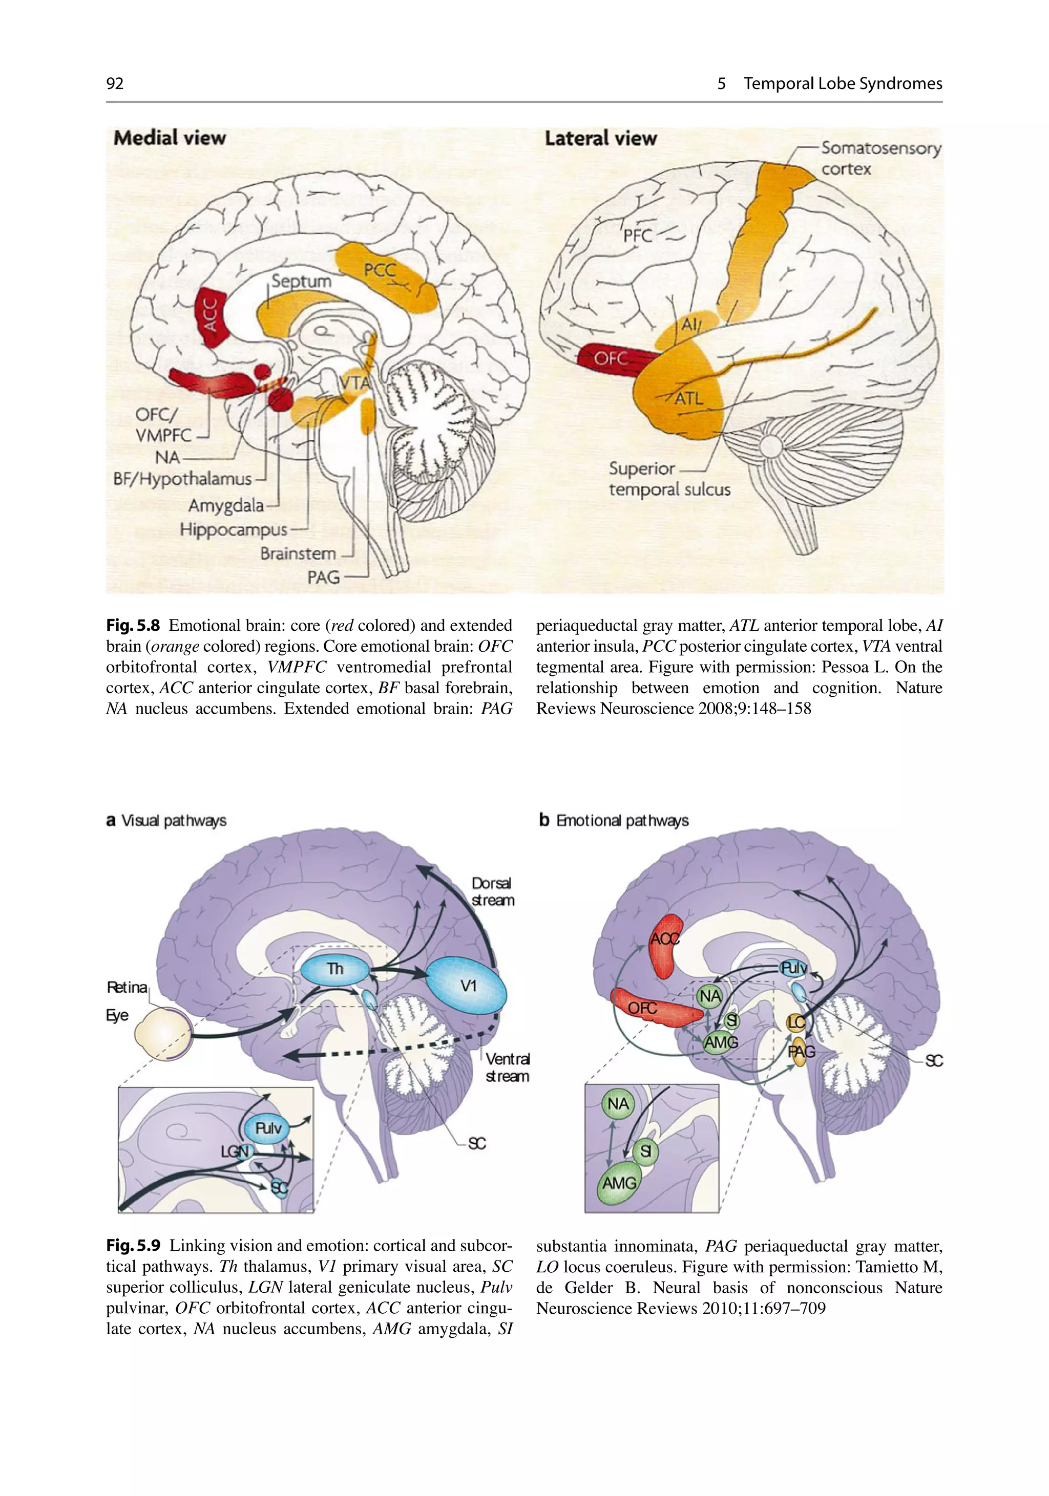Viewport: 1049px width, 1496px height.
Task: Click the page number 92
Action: (x=115, y=83)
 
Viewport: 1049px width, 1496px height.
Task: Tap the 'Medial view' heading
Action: (x=170, y=138)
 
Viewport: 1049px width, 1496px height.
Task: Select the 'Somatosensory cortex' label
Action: (x=880, y=158)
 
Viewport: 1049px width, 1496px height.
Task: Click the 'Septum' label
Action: (x=301, y=282)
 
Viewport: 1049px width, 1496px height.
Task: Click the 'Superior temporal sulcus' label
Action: (x=668, y=479)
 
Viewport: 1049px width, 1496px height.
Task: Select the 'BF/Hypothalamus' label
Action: (x=182, y=479)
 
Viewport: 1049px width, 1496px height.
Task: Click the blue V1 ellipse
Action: (x=466, y=986)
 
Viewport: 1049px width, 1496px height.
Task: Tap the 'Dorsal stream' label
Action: (x=493, y=891)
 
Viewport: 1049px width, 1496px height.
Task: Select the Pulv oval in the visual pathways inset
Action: (x=268, y=1127)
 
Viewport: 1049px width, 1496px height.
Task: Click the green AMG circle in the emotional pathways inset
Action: (x=619, y=1182)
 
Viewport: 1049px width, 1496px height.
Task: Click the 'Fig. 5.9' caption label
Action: (x=133, y=1246)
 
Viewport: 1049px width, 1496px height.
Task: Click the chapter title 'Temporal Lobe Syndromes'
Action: (x=843, y=83)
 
